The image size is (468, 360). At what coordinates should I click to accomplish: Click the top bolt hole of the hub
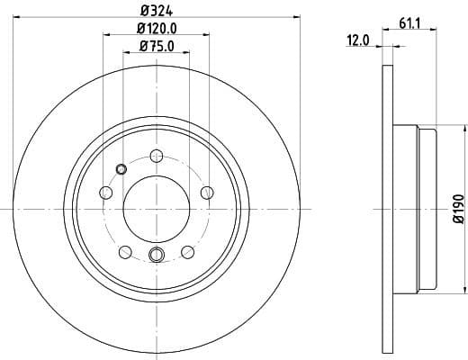tap(157, 155)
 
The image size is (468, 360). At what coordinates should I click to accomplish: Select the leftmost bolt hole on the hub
tap(106, 193)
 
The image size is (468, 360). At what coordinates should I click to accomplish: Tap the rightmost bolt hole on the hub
tap(207, 192)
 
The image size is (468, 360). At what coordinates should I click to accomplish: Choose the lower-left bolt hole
tap(126, 252)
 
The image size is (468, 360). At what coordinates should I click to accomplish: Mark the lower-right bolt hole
tap(187, 252)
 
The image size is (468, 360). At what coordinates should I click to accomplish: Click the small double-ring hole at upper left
tap(121, 167)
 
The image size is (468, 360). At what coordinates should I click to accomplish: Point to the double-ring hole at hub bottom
tap(157, 255)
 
